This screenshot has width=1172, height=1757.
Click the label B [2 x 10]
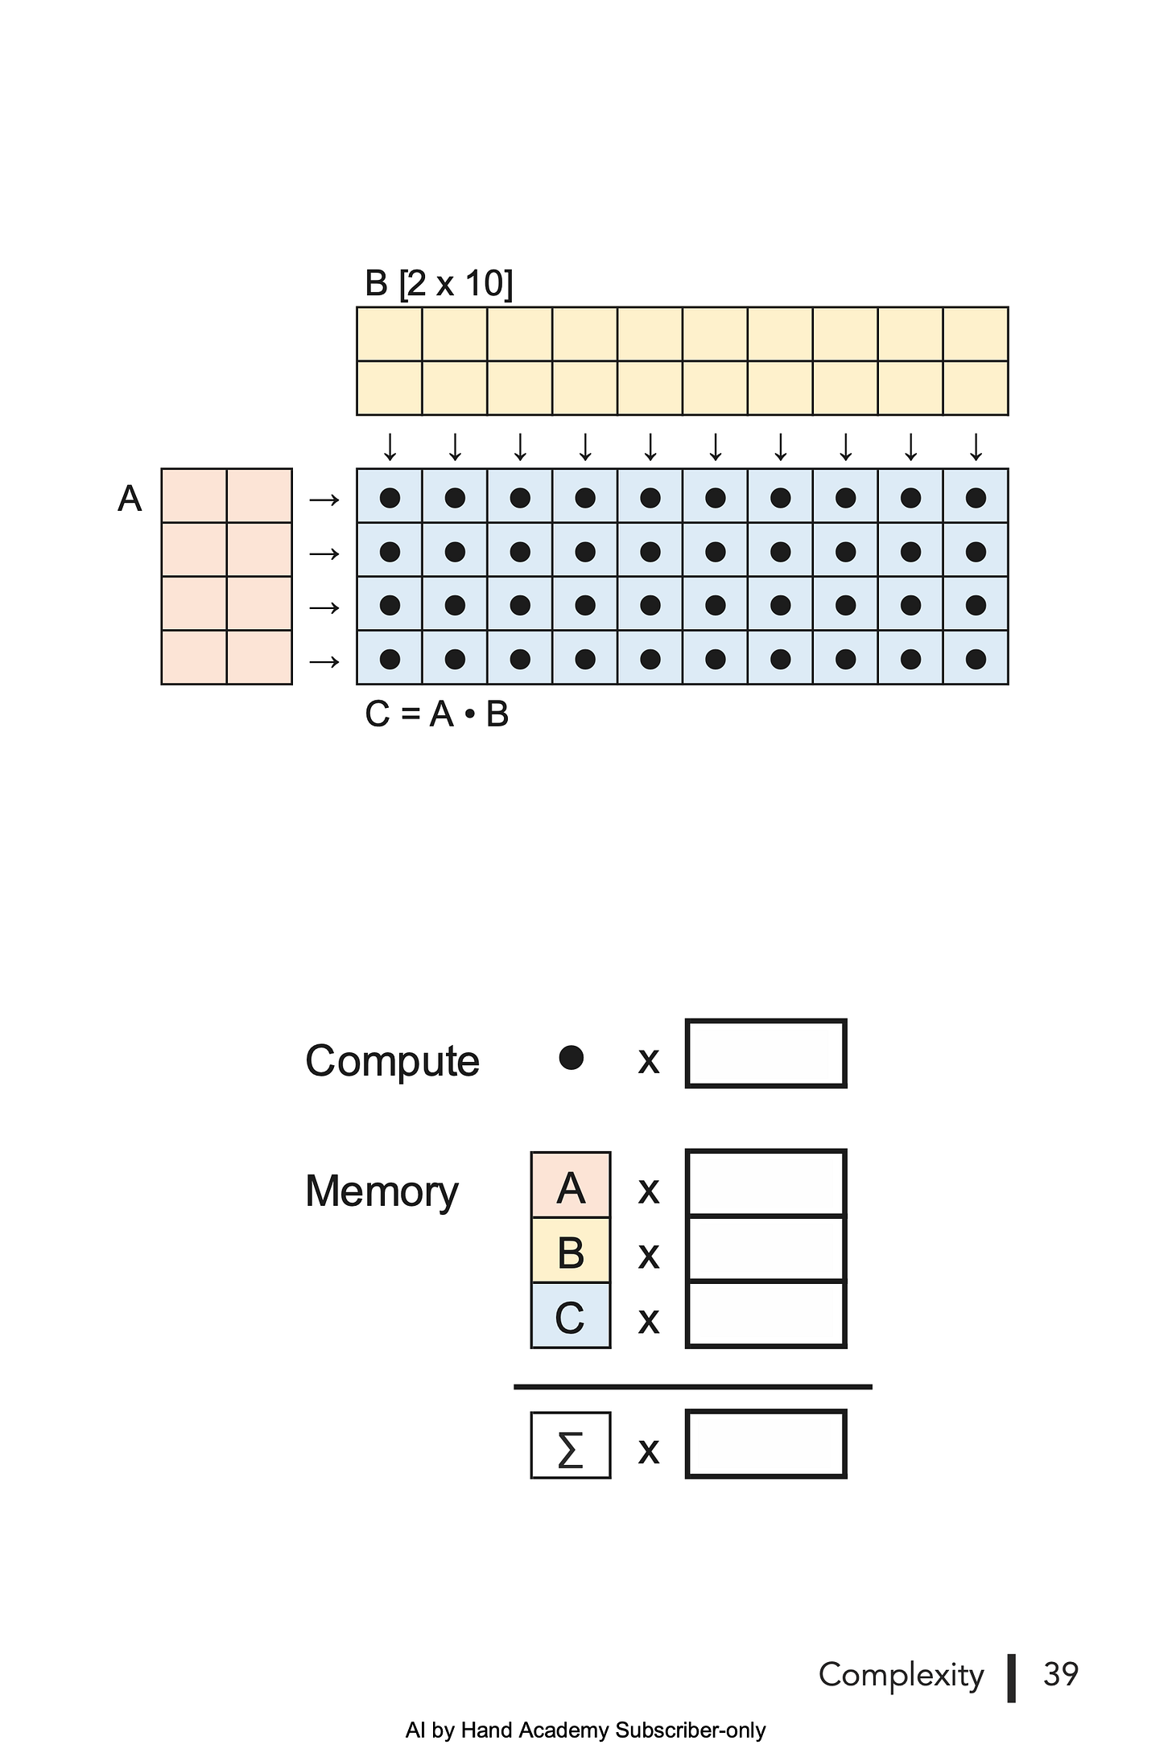(x=439, y=283)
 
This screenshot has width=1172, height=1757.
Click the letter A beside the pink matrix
(x=130, y=499)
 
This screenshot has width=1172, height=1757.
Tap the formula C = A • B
(x=437, y=714)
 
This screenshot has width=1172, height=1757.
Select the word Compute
(x=392, y=1061)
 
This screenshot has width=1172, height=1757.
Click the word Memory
(x=382, y=1191)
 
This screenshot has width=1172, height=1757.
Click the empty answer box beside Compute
(x=766, y=1053)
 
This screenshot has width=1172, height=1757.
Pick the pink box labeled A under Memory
(x=571, y=1185)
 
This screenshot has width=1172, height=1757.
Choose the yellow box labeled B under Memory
(x=571, y=1250)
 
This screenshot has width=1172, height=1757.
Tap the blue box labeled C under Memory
(x=571, y=1315)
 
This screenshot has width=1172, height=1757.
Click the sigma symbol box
(x=571, y=1445)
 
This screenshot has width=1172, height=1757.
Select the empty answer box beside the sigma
(x=766, y=1444)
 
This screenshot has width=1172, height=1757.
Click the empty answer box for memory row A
(x=766, y=1183)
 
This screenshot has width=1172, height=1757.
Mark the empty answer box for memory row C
(x=766, y=1314)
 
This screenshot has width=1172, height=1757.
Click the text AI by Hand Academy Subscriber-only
(x=586, y=1730)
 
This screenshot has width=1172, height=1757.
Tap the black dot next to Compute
(x=571, y=1058)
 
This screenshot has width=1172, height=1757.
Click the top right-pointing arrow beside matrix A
(x=324, y=500)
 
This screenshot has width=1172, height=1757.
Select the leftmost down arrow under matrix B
(x=390, y=446)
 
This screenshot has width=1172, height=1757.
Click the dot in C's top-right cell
(x=976, y=498)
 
